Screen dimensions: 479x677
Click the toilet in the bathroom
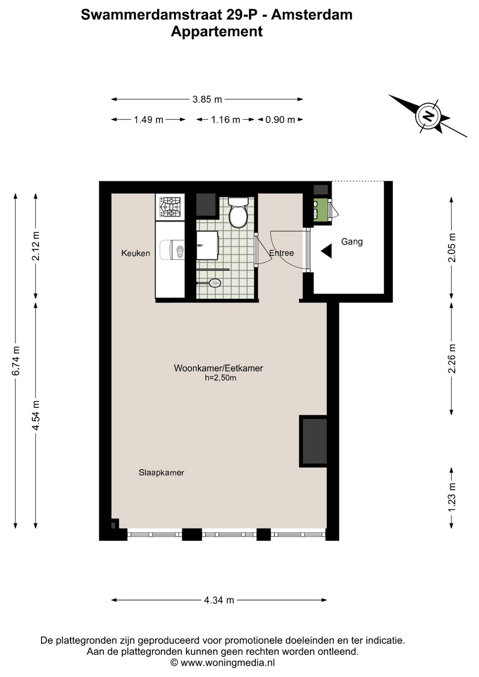tap(238, 212)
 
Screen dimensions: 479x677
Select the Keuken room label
tap(136, 253)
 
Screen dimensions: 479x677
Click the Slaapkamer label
tap(161, 472)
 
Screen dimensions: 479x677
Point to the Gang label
tap(352, 241)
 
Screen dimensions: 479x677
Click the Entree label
tap(281, 253)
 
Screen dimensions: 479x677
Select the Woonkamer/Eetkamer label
tap(219, 368)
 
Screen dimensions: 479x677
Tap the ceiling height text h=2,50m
tap(220, 378)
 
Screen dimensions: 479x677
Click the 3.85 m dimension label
tap(207, 99)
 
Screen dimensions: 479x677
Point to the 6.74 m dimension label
tap(16, 361)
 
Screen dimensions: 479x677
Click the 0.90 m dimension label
tap(280, 120)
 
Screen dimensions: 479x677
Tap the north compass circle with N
tap(428, 116)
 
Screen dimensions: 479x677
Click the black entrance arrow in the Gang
tap(326, 251)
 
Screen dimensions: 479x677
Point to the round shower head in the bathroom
tap(215, 283)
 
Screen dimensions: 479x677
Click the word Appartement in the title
tap(217, 31)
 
